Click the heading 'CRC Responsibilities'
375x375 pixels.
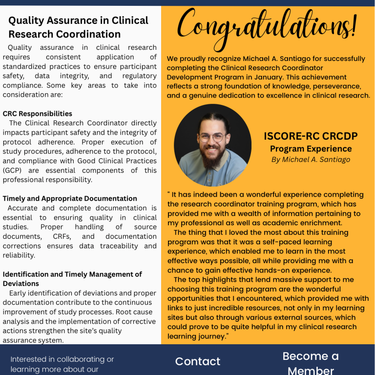point(38,114)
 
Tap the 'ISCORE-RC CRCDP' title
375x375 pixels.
point(311,136)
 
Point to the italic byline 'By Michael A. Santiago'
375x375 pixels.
point(311,160)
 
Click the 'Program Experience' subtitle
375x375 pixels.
point(311,148)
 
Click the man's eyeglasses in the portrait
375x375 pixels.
point(212,137)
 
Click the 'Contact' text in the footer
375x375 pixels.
point(198,361)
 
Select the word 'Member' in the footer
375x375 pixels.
point(311,370)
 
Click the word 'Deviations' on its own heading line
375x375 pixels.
point(21,284)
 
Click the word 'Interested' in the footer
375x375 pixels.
point(29,359)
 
